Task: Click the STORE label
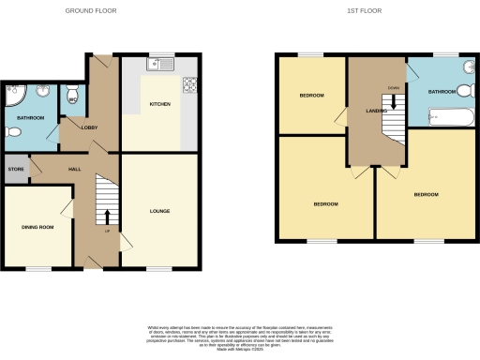(x=15, y=170)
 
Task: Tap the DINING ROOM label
(x=37, y=227)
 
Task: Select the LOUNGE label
(x=160, y=211)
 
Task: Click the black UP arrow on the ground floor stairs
(x=106, y=217)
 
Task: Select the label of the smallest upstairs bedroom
(x=311, y=96)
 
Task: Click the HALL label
(x=74, y=169)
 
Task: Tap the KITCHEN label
(x=160, y=104)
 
